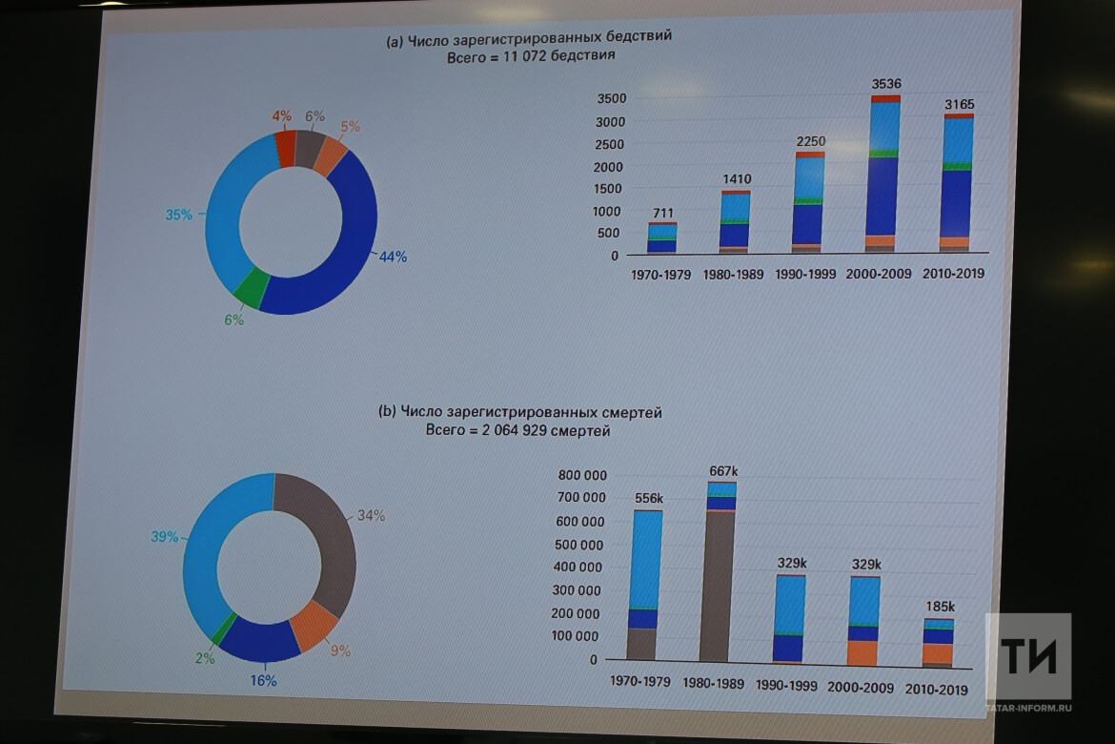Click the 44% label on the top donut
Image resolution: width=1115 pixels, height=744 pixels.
tap(393, 257)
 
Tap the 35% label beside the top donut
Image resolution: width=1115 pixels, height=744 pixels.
tap(178, 215)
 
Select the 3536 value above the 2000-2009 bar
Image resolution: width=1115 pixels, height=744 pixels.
tap(886, 85)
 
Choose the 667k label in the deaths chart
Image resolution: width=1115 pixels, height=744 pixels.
tap(723, 471)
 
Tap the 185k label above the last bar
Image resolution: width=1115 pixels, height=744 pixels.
tap(939, 607)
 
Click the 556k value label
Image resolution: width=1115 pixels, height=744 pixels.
tap(650, 498)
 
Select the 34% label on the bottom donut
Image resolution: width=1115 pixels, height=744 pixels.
tap(371, 516)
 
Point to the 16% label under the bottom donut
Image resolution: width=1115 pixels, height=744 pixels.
tap(263, 680)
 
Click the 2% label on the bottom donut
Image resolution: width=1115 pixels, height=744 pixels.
tap(205, 657)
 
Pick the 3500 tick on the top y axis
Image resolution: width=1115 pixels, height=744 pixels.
tap(611, 99)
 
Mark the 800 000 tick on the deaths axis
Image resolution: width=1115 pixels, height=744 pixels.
tap(582, 476)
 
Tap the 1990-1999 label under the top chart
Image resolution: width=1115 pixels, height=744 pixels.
tap(806, 275)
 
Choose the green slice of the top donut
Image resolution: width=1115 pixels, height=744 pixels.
tap(250, 288)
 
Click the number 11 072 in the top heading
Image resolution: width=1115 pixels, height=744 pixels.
tap(524, 56)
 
